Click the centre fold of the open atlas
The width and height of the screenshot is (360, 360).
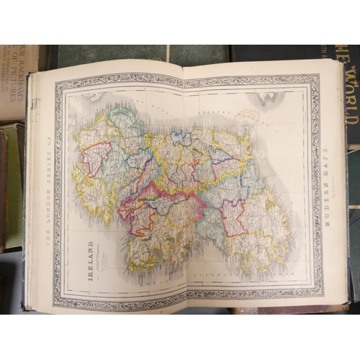(184, 187)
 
